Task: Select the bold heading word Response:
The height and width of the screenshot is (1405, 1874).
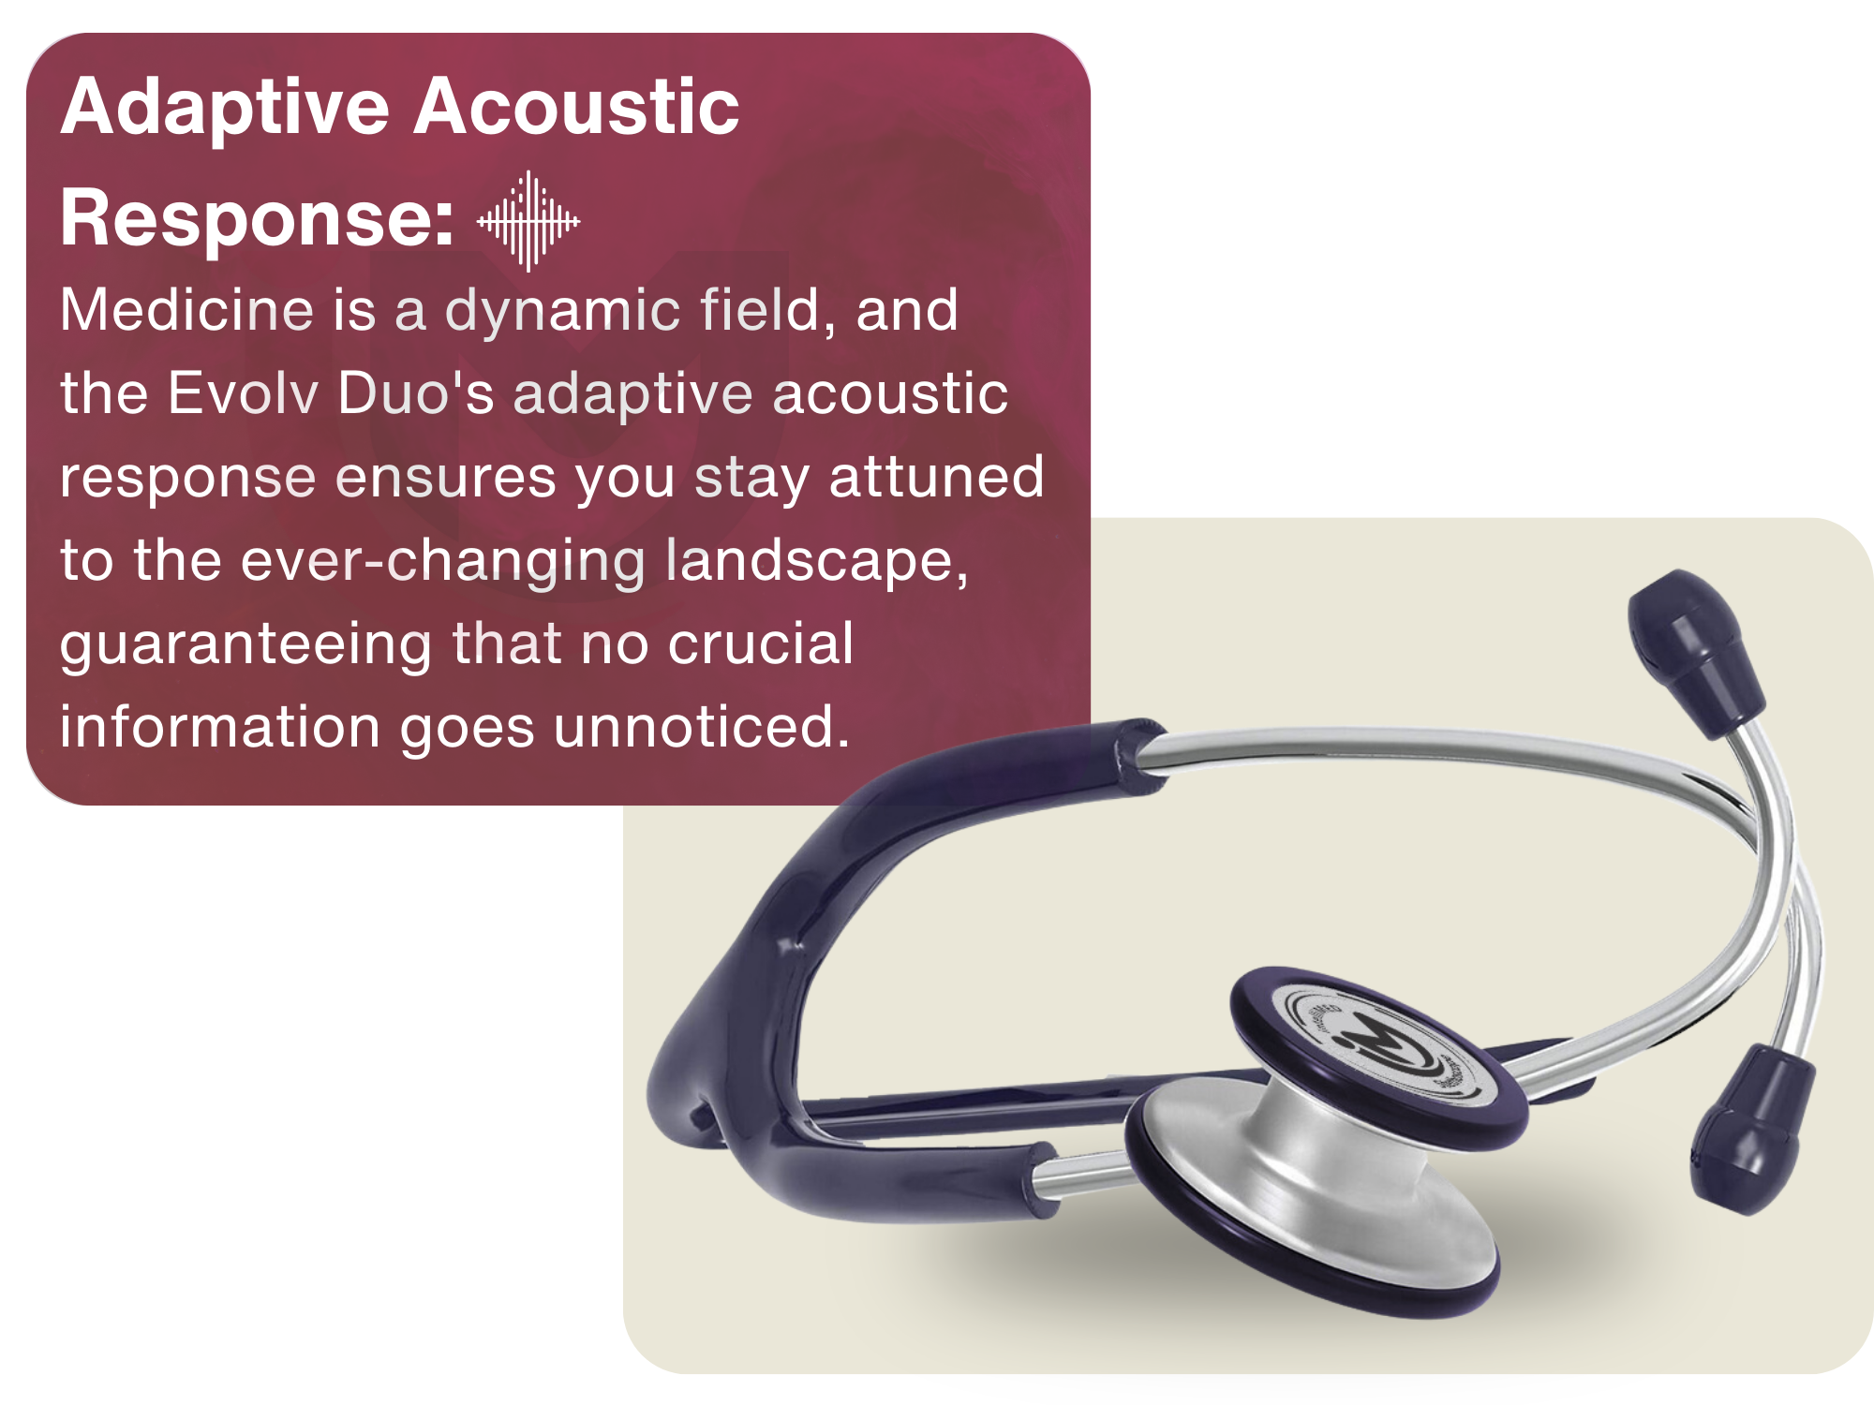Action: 258,220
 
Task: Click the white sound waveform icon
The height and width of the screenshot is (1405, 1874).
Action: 528,221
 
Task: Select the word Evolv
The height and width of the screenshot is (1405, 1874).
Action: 244,392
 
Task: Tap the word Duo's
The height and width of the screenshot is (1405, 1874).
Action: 416,392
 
